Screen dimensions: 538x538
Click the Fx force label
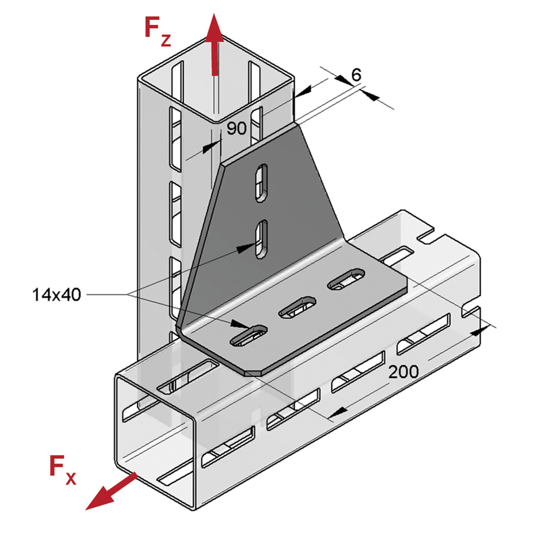61,470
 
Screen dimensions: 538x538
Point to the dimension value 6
356,75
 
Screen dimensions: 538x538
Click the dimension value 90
236,128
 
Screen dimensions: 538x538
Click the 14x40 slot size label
57,294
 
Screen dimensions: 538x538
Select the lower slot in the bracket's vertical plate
261,239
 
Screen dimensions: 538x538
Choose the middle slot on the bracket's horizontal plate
297,307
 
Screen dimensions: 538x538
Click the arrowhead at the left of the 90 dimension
211,146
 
